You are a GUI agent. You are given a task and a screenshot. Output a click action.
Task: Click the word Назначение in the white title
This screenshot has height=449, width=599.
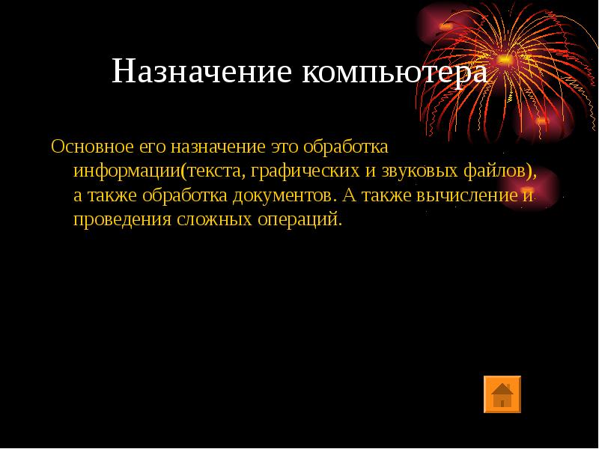coord(202,71)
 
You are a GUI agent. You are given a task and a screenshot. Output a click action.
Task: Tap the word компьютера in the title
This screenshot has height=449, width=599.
coord(395,73)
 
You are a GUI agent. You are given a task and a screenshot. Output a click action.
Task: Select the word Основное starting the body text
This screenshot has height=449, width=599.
coord(92,147)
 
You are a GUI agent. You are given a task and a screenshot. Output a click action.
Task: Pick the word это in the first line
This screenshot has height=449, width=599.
coord(285,147)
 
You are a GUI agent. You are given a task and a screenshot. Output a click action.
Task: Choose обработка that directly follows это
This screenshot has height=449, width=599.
coord(346,147)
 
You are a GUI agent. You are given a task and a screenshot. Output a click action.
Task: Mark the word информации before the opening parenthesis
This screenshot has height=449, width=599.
coord(127,171)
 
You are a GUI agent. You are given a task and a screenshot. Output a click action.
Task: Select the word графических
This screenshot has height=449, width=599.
coord(305,171)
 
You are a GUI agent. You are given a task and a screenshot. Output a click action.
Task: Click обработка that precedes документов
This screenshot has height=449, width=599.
coord(184,195)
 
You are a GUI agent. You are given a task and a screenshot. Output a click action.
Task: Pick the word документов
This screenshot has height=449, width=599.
coord(283,196)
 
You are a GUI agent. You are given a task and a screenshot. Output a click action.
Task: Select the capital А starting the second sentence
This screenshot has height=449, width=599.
coord(350,195)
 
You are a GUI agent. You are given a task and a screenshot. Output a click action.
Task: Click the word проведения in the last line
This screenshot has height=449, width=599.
coord(122,219)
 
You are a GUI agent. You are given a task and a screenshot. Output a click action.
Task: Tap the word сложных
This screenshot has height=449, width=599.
coord(214,219)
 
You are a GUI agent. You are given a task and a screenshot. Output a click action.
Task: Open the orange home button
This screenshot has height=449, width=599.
coord(502,394)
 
